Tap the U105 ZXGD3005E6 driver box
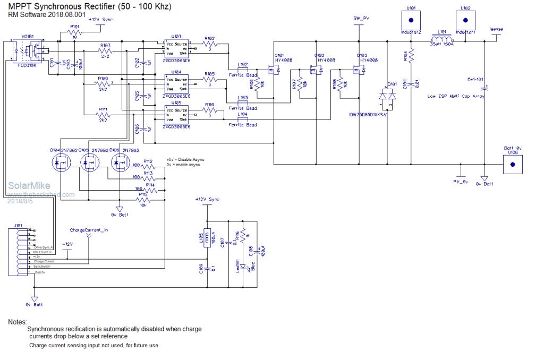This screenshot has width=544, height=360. [176, 116]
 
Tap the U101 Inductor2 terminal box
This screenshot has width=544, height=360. [411, 20]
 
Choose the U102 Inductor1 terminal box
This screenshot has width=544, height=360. [465, 20]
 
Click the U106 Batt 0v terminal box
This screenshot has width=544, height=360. [512, 164]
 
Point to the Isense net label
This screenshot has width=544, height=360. [496, 29]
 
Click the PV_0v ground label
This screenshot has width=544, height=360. [460, 182]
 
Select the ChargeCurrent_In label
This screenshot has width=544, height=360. [89, 230]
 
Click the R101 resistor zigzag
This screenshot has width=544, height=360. [74, 32]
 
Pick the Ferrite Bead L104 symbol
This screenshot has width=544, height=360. [242, 120]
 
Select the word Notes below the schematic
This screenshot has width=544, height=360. [18, 322]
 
